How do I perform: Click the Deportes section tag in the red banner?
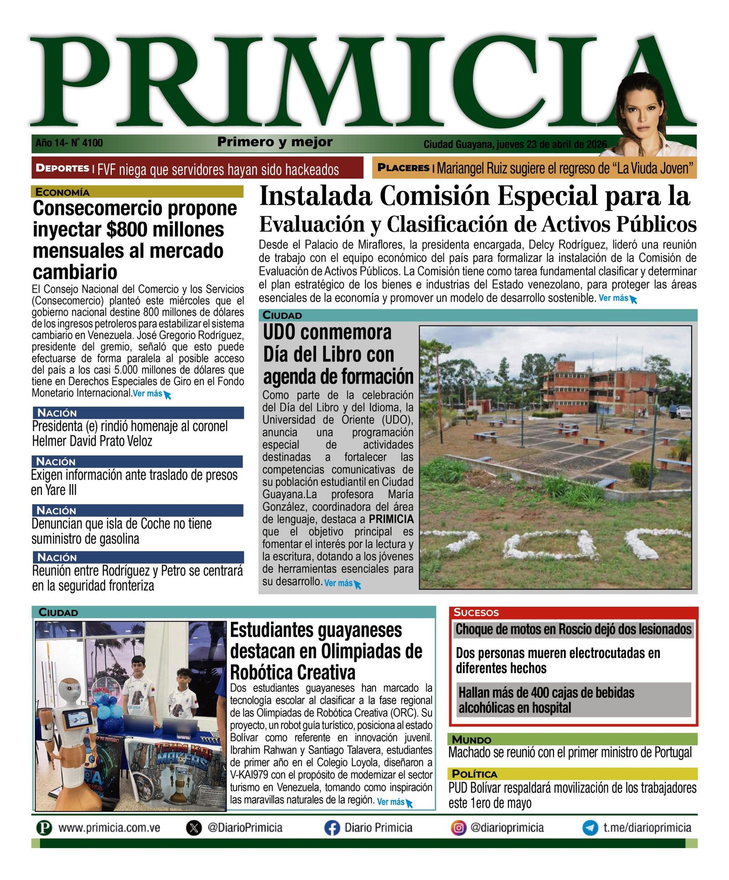click(x=62, y=168)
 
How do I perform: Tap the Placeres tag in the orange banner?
click(x=403, y=168)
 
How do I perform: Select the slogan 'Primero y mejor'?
click(x=275, y=142)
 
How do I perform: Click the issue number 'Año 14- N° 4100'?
click(x=69, y=143)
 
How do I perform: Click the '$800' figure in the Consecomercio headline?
click(x=127, y=230)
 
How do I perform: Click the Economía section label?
click(x=62, y=192)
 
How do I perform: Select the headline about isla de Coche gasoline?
click(x=121, y=531)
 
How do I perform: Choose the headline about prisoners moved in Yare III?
click(x=134, y=482)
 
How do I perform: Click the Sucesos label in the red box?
click(x=476, y=612)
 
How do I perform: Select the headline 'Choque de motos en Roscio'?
click(x=573, y=629)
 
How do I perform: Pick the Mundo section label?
click(x=471, y=740)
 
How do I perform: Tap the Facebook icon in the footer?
click(x=332, y=828)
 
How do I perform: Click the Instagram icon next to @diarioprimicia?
click(x=458, y=828)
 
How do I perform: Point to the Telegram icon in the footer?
click(x=590, y=828)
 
